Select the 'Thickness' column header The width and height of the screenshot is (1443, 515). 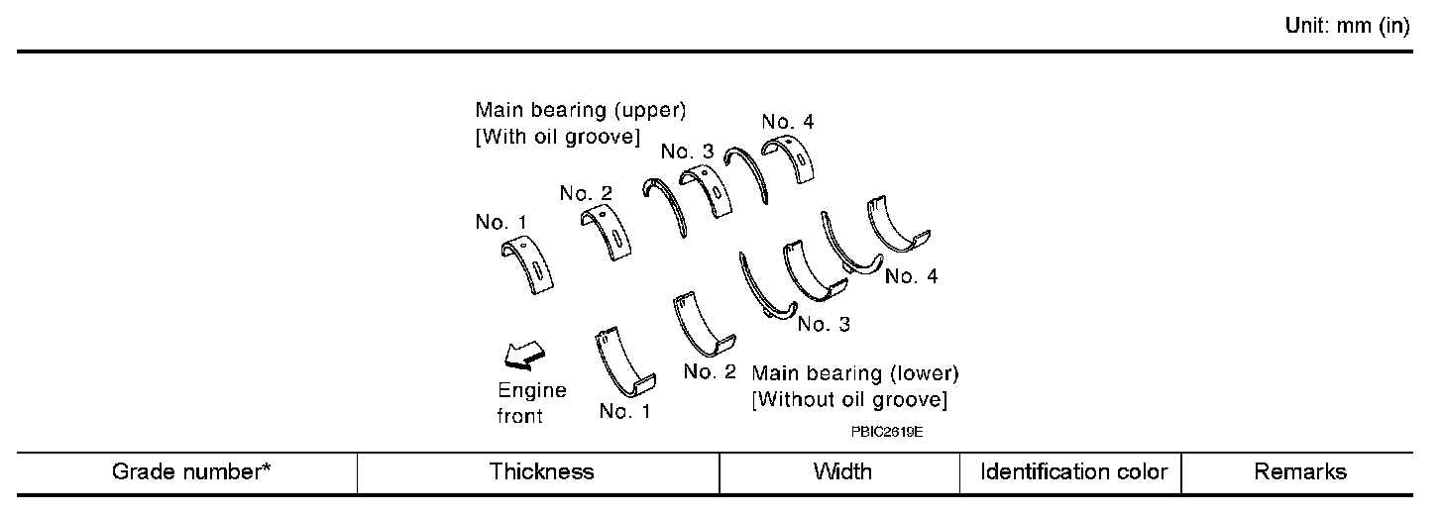(x=541, y=471)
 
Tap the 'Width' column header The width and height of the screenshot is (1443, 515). (x=841, y=471)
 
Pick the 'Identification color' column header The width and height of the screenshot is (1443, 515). (x=1073, y=471)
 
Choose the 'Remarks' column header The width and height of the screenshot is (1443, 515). (x=1300, y=471)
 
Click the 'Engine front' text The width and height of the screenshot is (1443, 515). (x=531, y=403)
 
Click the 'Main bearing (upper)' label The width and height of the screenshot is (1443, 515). (x=581, y=109)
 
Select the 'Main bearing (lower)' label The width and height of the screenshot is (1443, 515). (x=855, y=373)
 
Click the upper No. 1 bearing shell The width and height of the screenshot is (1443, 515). (x=526, y=266)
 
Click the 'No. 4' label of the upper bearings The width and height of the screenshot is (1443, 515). (x=788, y=122)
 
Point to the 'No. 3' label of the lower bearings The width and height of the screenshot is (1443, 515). (x=823, y=324)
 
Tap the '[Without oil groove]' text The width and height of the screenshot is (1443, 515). (x=849, y=400)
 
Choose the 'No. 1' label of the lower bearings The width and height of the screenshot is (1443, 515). (x=625, y=411)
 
